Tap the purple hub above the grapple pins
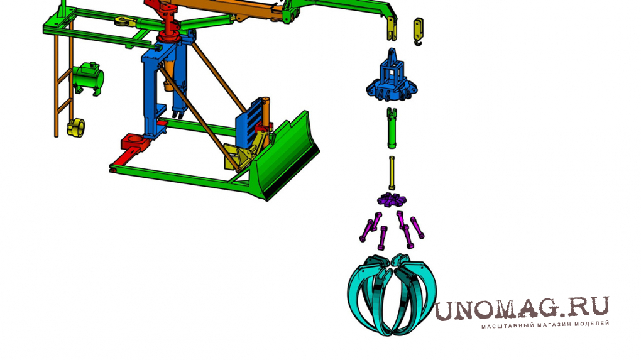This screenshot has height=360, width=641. click(x=392, y=200)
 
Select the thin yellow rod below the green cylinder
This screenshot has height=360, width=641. click(x=392, y=173)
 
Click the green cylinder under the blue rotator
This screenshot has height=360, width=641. click(x=392, y=128)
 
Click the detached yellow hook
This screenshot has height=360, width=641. click(x=418, y=31)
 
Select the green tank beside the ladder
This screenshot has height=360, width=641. click(x=88, y=79)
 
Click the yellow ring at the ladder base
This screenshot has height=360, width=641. click(x=76, y=128)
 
